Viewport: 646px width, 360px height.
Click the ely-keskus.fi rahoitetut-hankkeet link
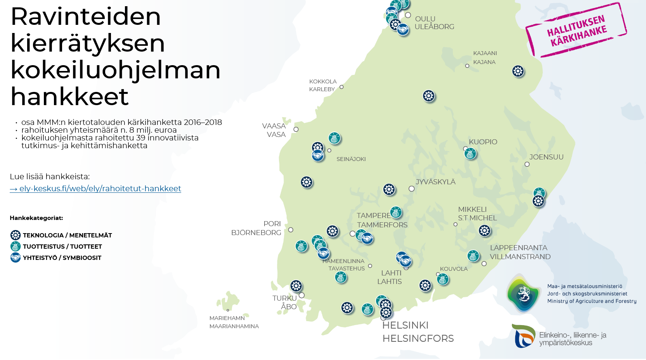(95, 189)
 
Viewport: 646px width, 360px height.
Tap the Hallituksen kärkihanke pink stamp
(576, 30)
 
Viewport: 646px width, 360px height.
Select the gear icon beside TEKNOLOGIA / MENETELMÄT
(16, 235)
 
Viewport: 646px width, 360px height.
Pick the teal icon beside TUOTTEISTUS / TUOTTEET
(16, 246)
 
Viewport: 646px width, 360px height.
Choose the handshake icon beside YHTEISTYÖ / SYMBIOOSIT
(16, 258)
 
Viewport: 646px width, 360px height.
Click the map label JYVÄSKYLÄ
(435, 182)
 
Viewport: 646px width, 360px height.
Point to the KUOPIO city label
(483, 142)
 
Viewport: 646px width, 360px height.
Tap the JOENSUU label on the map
(546, 157)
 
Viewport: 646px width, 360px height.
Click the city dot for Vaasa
(296, 129)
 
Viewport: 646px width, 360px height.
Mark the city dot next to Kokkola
(341, 87)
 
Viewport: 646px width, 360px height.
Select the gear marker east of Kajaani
(518, 71)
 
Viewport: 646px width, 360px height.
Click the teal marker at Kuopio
(470, 154)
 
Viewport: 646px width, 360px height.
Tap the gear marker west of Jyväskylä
(389, 189)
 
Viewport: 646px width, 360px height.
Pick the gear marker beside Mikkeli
(485, 231)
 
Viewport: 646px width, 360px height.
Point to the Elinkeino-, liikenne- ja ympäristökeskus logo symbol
(524, 336)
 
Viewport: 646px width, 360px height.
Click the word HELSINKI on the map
(405, 325)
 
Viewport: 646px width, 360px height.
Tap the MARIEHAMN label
(227, 318)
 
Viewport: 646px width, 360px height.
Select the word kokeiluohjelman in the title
(115, 70)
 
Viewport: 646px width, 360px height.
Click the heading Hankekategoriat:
(36, 218)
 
